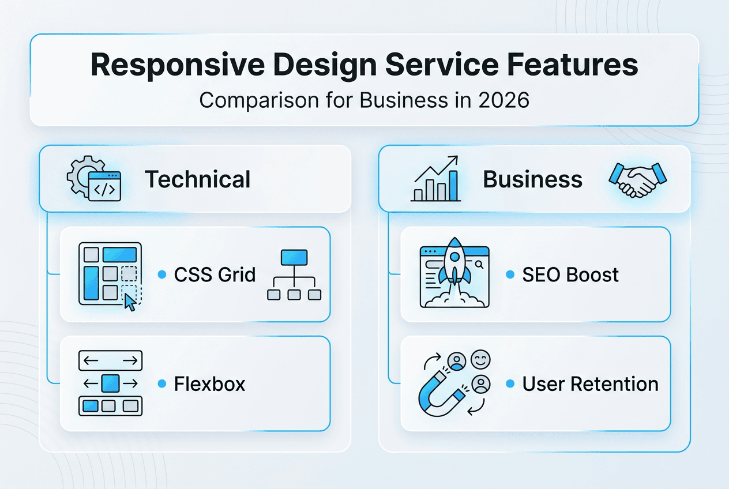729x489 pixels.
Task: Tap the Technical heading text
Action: [198, 179]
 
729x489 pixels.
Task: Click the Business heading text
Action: [532, 179]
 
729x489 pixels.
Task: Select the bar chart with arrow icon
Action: [436, 179]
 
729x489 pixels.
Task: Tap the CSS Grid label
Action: [215, 274]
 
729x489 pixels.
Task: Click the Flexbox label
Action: [209, 384]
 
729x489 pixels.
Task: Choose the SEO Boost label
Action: [570, 274]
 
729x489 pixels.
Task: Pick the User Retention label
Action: [590, 384]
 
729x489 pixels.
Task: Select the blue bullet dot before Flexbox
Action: [162, 384]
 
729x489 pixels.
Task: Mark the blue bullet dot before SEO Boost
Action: [510, 275]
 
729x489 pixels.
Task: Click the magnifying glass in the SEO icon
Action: [479, 264]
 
